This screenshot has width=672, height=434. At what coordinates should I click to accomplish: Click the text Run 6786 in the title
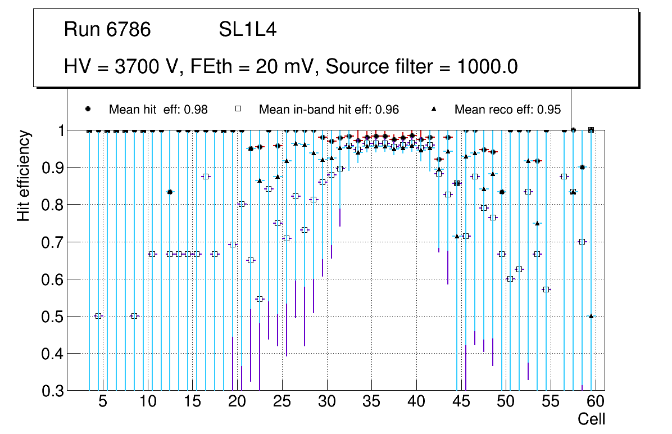pyautogui.click(x=107, y=29)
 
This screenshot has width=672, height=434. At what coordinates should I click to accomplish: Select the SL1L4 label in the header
pyautogui.click(x=247, y=29)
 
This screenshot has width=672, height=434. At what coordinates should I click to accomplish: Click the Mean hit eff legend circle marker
pyautogui.click(x=88, y=109)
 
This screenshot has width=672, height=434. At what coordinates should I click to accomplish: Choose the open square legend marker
pyautogui.click(x=238, y=109)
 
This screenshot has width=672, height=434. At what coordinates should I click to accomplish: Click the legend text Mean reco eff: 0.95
pyautogui.click(x=507, y=110)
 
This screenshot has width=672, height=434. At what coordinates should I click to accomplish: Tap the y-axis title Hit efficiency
pyautogui.click(x=24, y=175)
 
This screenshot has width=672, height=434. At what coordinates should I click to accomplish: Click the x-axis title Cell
pyautogui.click(x=592, y=419)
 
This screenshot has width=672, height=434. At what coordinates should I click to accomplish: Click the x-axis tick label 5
pyautogui.click(x=102, y=402)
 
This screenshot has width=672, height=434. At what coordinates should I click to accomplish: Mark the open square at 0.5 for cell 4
pyautogui.click(x=98, y=316)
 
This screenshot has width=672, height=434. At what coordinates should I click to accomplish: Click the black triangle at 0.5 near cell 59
pyautogui.click(x=591, y=316)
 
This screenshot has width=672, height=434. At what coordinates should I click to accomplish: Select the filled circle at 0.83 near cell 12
pyautogui.click(x=170, y=192)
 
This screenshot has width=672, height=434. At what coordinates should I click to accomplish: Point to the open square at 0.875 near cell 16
pyautogui.click(x=206, y=177)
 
